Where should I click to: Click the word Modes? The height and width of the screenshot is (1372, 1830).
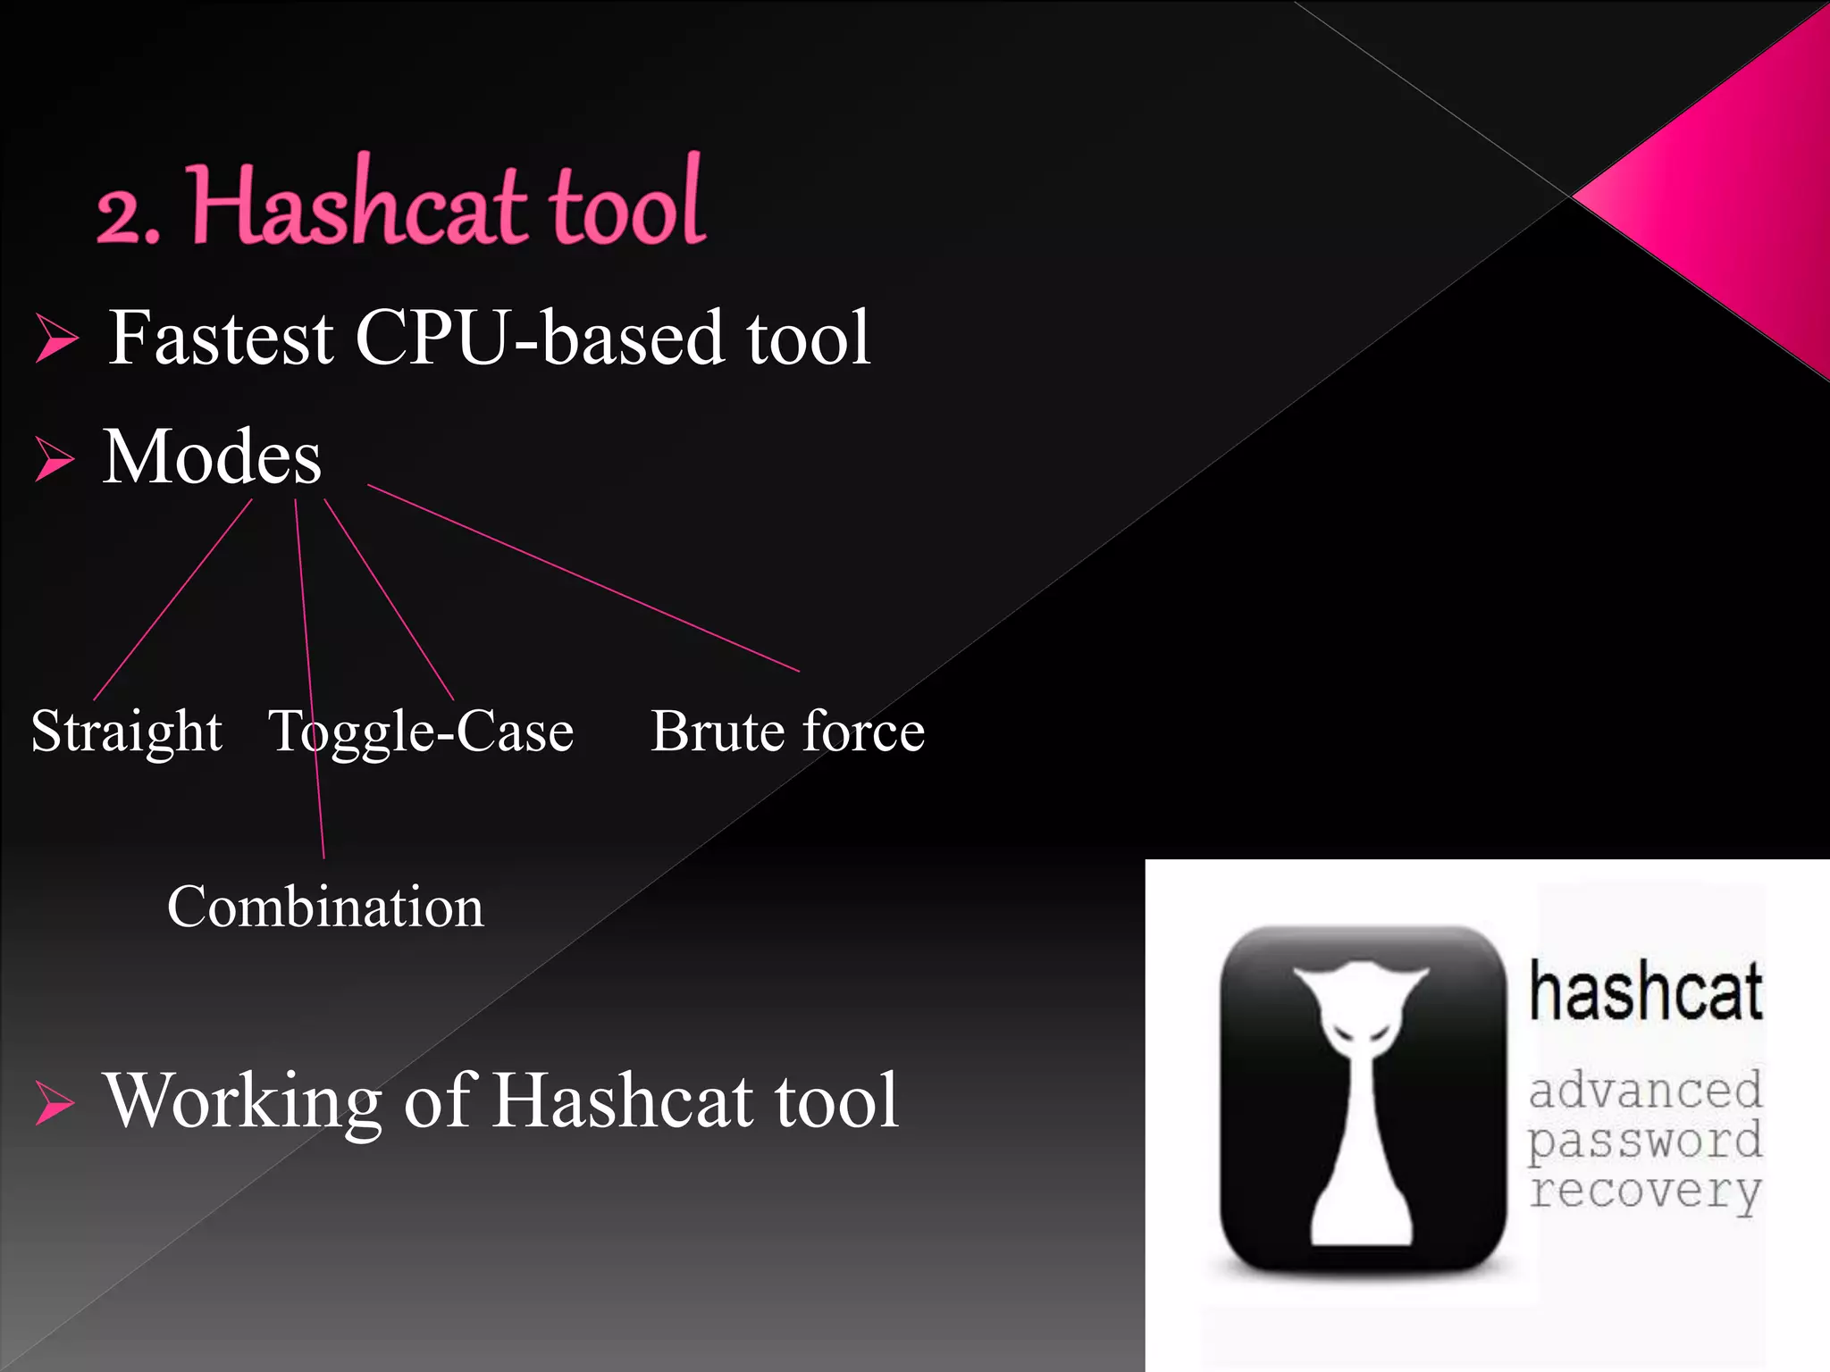[x=212, y=457]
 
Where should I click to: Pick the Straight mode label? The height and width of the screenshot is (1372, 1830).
[x=127, y=732]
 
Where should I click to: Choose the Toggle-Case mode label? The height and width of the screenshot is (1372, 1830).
[x=421, y=732]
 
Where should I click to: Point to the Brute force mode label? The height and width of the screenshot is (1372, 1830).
[x=787, y=732]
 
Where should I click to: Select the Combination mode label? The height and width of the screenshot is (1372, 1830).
[x=325, y=908]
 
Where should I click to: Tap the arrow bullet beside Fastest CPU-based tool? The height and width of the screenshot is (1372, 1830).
[x=57, y=340]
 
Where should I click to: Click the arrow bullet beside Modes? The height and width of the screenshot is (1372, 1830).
[x=55, y=459]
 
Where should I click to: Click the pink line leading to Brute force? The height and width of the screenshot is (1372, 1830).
[x=583, y=578]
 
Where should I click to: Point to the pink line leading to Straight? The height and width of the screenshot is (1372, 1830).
[x=172, y=599]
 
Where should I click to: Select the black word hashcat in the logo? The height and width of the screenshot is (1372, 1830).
[x=1645, y=991]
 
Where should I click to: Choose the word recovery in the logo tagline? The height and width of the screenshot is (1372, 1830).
[x=1645, y=1192]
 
